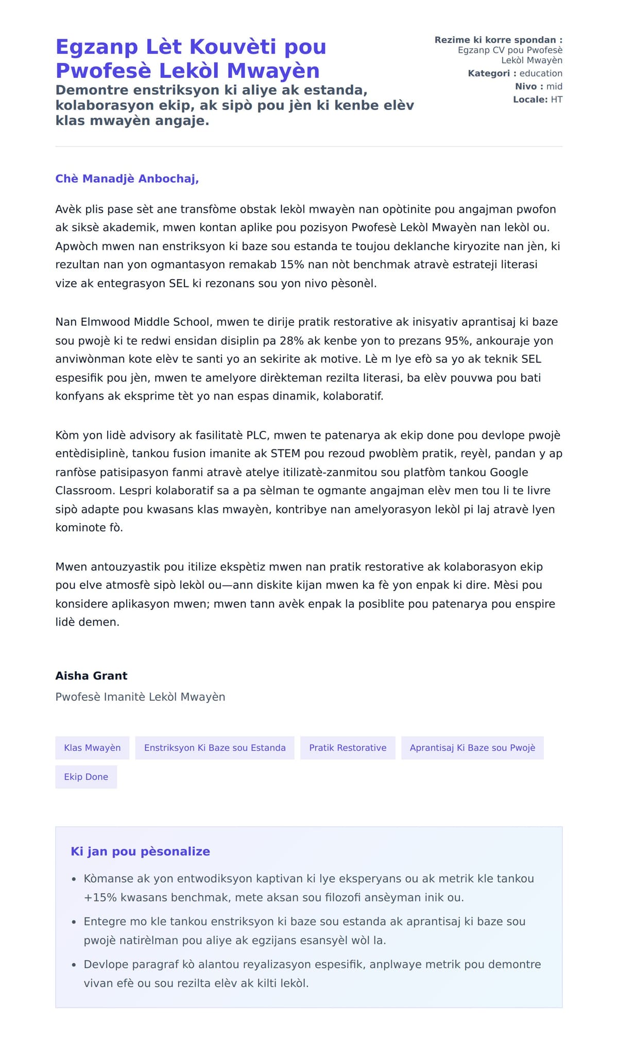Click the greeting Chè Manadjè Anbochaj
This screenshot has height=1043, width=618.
tap(127, 179)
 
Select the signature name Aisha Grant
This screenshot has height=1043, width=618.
tap(91, 675)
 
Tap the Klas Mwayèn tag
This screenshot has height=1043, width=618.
tap(92, 748)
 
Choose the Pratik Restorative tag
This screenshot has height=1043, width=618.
tap(348, 748)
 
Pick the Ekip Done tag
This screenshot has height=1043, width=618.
tap(86, 776)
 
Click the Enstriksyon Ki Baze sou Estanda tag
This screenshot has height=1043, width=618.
tap(215, 748)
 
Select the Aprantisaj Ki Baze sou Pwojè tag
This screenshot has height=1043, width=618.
tap(472, 748)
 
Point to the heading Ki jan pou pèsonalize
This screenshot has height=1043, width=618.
tap(140, 851)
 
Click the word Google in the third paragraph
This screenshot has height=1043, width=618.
tap(509, 472)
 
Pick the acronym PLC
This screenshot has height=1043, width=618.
tap(256, 435)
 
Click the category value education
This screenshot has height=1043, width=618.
tap(541, 73)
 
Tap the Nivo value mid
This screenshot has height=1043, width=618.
tap(554, 86)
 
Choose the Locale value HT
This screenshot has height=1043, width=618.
tap(556, 99)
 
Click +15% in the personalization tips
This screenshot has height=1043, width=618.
tap(100, 897)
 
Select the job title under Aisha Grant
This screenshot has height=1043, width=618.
tap(140, 697)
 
